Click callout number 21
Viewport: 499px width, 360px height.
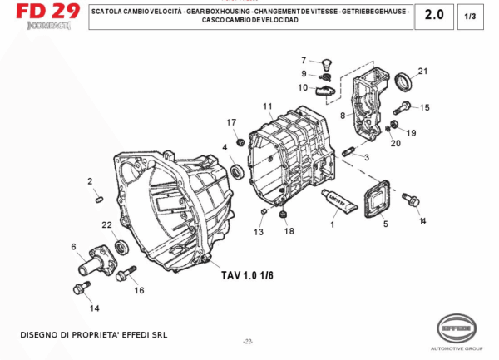pos(422,71)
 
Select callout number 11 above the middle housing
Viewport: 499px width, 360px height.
pos(268,106)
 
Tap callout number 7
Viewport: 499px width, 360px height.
pos(304,60)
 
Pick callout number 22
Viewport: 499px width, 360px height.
pos(106,225)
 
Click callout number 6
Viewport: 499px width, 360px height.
pos(73,246)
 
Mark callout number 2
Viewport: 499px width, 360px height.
pos(90,180)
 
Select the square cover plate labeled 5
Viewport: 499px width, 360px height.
pos(383,199)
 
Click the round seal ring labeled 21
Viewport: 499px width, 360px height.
pos(404,81)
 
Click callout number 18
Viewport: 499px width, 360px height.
pos(289,231)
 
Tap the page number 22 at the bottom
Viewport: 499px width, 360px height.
pos(248,342)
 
